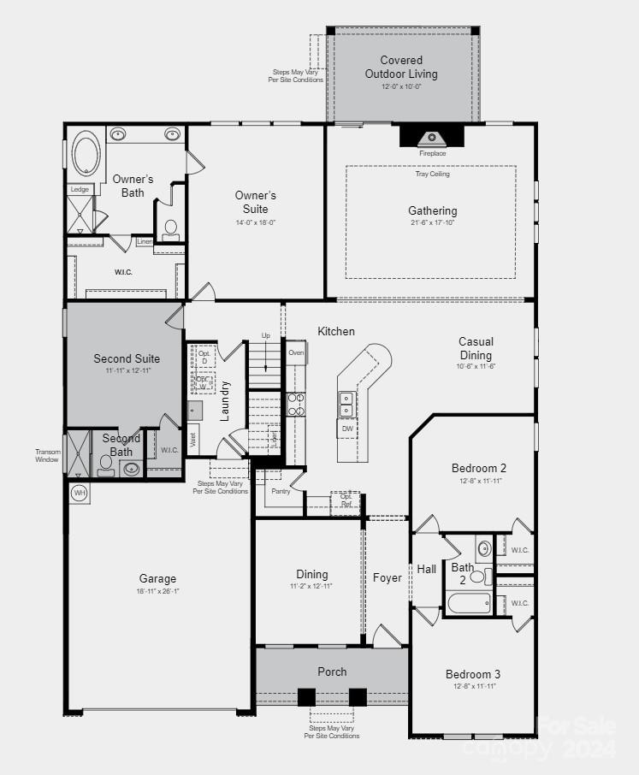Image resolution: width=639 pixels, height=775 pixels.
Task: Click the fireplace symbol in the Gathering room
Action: pyautogui.click(x=431, y=138)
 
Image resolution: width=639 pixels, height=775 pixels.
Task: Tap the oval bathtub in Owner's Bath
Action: pyautogui.click(x=86, y=154)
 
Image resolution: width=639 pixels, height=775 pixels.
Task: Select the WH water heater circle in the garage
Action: pyautogui.click(x=79, y=494)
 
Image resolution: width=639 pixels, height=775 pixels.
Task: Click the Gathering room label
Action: pyautogui.click(x=432, y=210)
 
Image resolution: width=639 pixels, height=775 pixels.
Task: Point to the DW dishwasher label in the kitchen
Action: pyautogui.click(x=347, y=429)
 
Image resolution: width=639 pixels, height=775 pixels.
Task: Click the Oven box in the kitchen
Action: pyautogui.click(x=296, y=352)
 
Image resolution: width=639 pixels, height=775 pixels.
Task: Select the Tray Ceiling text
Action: pyautogui.click(x=432, y=174)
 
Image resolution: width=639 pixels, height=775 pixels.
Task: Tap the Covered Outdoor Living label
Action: pyautogui.click(x=401, y=67)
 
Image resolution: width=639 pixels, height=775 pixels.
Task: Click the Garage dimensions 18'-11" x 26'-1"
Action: pyautogui.click(x=158, y=591)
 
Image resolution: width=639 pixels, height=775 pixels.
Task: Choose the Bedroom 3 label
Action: pyautogui.click(x=473, y=674)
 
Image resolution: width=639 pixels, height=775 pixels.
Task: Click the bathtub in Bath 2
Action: pyautogui.click(x=469, y=603)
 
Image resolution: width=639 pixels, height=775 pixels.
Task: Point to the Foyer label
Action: pyautogui.click(x=387, y=578)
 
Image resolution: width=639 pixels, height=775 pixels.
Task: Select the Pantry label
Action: pyautogui.click(x=281, y=491)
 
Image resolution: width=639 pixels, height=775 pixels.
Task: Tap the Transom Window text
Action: pyautogui.click(x=47, y=456)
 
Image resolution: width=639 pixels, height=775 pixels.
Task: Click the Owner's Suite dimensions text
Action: pyautogui.click(x=255, y=222)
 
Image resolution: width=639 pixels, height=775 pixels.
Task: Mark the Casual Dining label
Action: pyautogui.click(x=476, y=348)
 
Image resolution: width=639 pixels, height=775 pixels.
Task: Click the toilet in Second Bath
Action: pyautogui.click(x=106, y=464)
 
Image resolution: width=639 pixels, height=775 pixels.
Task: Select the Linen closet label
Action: pyautogui.click(x=145, y=241)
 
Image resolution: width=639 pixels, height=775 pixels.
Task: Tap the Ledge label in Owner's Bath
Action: pyautogui.click(x=79, y=190)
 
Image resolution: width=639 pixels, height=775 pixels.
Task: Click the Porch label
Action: pyautogui.click(x=332, y=671)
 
